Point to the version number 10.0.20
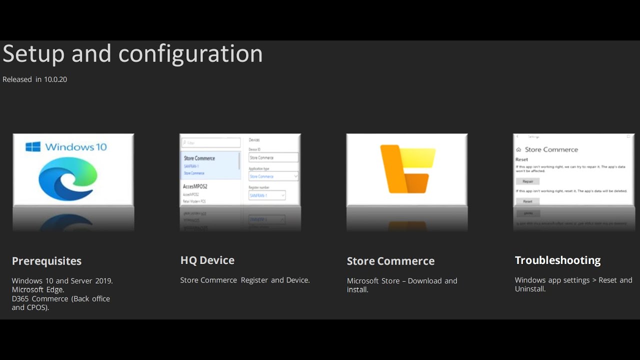(x=55, y=79)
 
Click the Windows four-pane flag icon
(x=33, y=146)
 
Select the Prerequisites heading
(x=46, y=261)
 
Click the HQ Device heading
(x=207, y=260)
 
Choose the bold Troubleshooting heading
(x=557, y=260)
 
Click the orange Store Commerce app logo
(x=407, y=169)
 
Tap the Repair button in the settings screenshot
(x=527, y=181)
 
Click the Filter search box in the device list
(x=210, y=142)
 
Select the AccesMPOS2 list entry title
(x=195, y=186)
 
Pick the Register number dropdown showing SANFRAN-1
(x=267, y=195)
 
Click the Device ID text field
(x=273, y=157)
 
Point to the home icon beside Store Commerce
(x=518, y=149)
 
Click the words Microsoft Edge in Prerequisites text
(x=38, y=289)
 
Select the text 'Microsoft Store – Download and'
(x=402, y=281)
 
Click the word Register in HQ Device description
(x=254, y=280)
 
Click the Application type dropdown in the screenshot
(x=273, y=176)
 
